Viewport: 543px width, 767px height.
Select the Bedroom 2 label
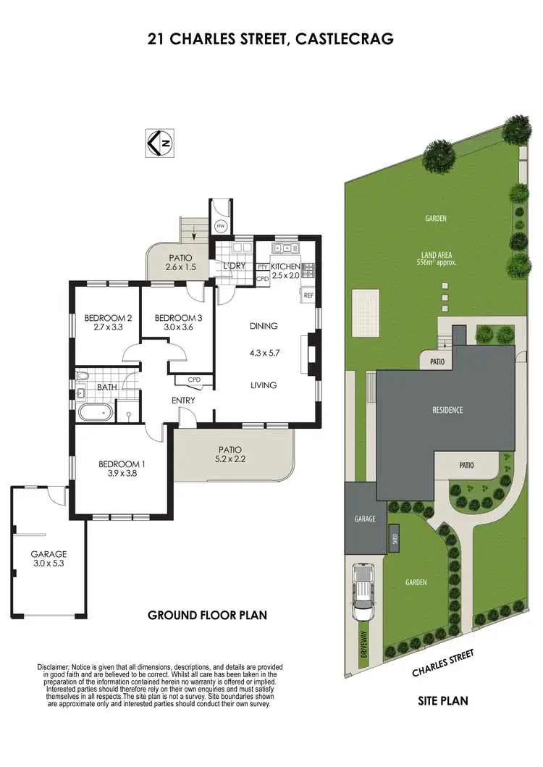(x=108, y=318)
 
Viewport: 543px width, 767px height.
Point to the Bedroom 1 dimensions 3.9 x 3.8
(x=122, y=474)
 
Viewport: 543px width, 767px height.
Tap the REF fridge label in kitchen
(x=308, y=296)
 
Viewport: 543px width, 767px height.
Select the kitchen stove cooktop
(x=309, y=269)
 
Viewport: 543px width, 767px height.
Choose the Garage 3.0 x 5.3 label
(x=49, y=559)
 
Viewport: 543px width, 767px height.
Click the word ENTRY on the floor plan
(x=183, y=401)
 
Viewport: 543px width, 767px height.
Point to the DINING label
(x=264, y=326)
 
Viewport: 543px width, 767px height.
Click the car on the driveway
(x=363, y=592)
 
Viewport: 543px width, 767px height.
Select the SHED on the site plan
(x=394, y=538)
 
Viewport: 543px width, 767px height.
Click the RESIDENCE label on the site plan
(x=447, y=410)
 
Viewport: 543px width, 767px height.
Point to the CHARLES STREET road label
(x=443, y=662)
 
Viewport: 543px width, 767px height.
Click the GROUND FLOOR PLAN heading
(x=208, y=616)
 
